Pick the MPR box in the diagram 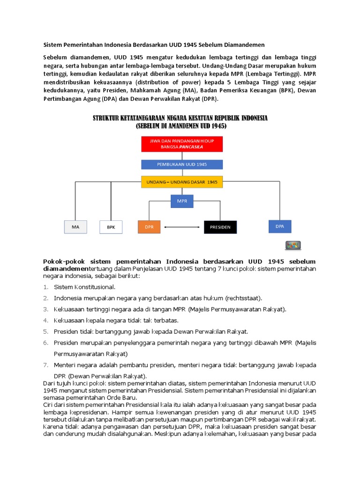pos(182,201)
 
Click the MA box pos(75,227)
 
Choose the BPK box pos(111,227)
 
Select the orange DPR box pos(149,227)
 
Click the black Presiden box pos(220,227)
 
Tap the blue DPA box pos(280,226)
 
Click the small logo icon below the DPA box pos(292,245)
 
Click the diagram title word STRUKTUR pos(112,118)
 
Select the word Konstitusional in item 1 pos(94,287)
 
